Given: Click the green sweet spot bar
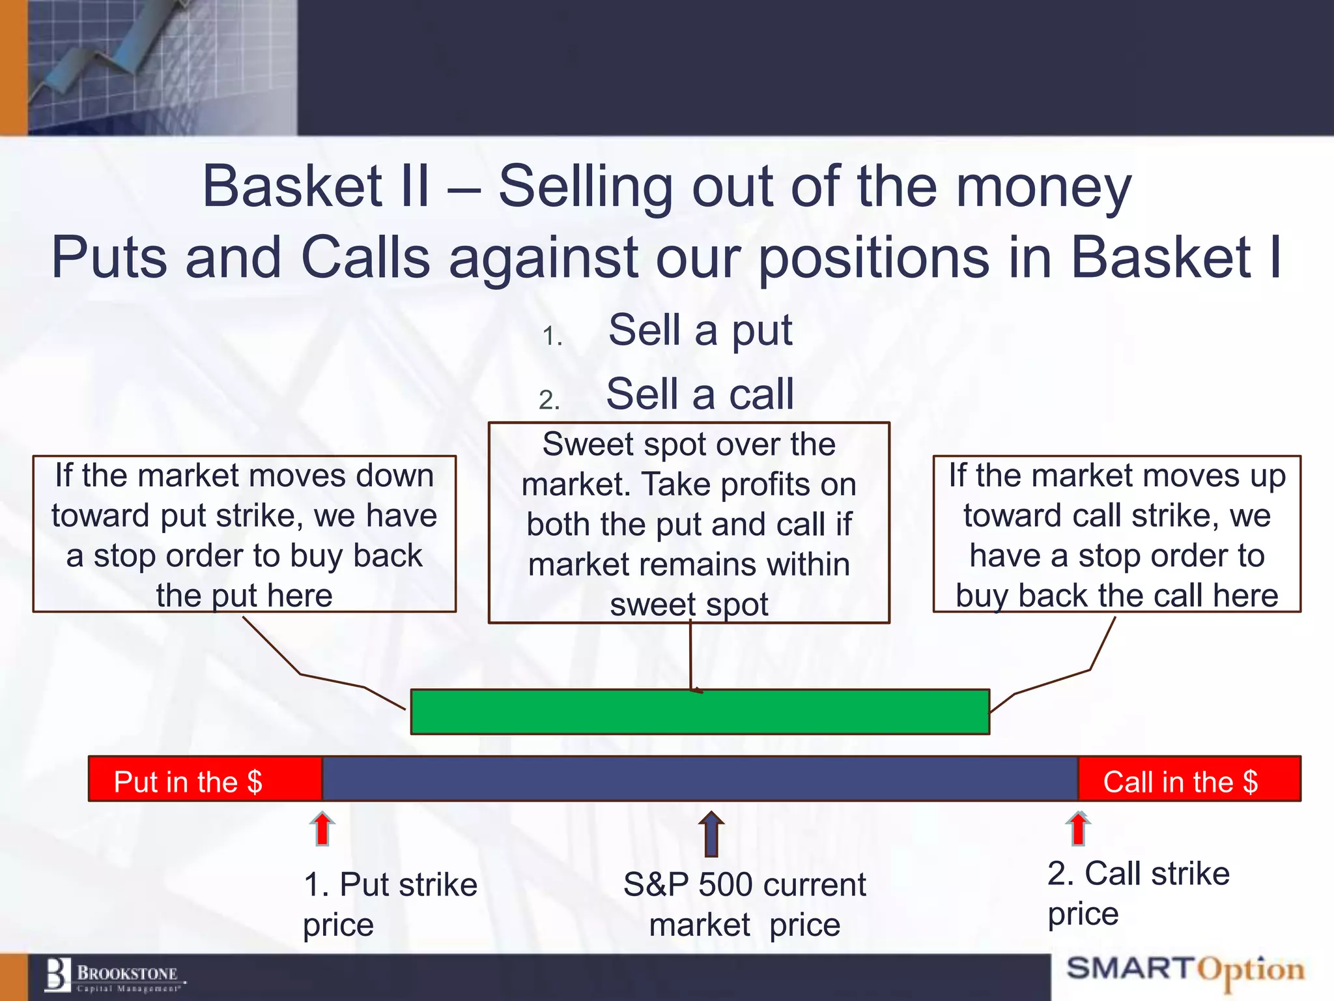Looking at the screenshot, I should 700,712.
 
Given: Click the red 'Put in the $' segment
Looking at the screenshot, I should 205,779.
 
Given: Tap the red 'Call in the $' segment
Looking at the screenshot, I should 1188,779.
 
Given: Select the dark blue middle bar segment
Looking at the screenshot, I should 700,779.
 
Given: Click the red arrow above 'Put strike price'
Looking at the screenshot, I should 322,829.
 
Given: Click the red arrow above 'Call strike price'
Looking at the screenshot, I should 1078,829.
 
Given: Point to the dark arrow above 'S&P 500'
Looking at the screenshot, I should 711,834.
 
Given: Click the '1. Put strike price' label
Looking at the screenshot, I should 390,904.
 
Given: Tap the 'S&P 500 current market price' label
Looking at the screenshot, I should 745,904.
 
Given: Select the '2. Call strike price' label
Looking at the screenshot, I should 1138,893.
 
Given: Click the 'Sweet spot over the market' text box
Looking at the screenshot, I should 689,523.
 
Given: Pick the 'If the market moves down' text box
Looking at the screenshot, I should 244,534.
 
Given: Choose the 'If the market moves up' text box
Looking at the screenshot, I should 1116,534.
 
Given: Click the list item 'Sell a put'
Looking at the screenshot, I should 700,330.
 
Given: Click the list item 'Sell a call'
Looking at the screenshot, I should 700,394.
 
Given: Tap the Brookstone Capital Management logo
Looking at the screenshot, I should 114,976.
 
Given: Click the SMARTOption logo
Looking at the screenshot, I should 1185,971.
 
